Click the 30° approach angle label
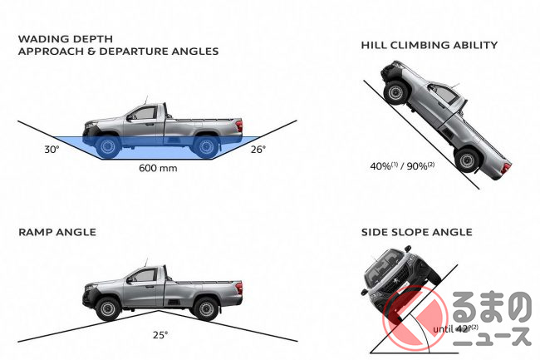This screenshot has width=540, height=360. click(x=30, y=150)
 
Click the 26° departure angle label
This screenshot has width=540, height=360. click(x=258, y=150)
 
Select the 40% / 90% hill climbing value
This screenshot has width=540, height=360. click(x=403, y=166)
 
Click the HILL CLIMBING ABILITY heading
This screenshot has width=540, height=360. click(x=430, y=45)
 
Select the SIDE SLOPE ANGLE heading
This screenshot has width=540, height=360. click(x=417, y=233)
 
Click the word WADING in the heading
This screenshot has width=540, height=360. click(x=41, y=38)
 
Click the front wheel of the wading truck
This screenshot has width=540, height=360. click(x=107, y=146)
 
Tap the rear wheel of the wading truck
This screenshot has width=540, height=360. click(x=205, y=146)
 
